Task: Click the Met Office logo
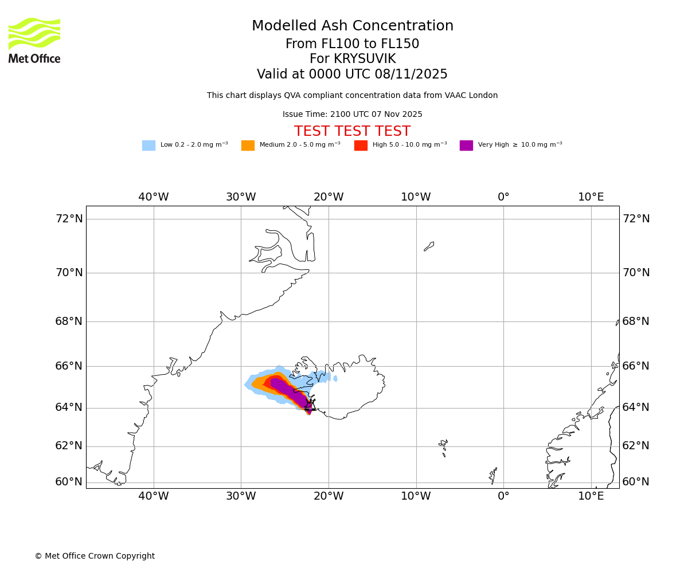coord(34,40)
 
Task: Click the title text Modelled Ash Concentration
coord(353,26)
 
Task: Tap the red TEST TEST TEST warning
coord(352,132)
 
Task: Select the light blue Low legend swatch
coord(148,146)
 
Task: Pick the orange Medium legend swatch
coord(248,146)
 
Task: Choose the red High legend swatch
coord(361,146)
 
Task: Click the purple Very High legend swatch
coord(466,146)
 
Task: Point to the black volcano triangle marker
coord(310,405)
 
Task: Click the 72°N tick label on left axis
coord(69,219)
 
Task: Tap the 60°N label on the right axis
coord(636,482)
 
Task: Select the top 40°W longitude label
coord(154,197)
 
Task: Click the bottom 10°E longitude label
coord(591,496)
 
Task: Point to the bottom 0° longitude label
coord(503,496)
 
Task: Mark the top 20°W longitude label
coord(329,197)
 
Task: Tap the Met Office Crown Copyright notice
coord(95,556)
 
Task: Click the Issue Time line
coord(352,115)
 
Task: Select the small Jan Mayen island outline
coord(429,246)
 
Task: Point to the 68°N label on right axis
coord(636,321)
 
